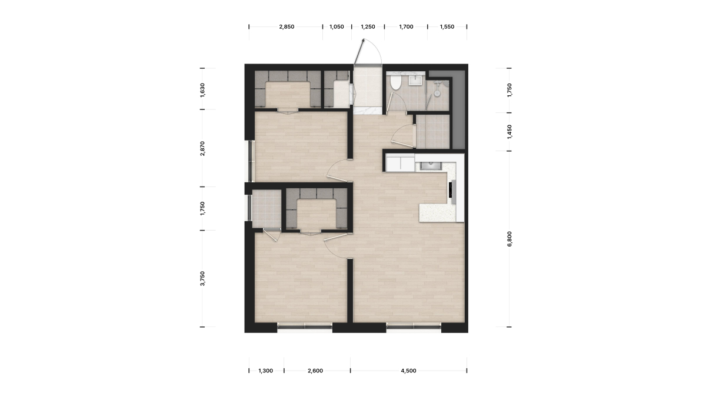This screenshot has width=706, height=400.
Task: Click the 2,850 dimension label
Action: pos(287,27)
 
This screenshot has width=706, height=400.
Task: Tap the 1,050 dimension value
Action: pos(337,27)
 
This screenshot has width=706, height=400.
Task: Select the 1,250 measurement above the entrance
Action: pos(368,27)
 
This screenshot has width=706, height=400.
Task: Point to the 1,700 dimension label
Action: pos(406,27)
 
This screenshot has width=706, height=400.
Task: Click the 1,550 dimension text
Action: pos(447,27)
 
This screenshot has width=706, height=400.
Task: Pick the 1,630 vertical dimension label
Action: pos(202,90)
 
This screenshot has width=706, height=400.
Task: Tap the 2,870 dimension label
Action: pos(202,148)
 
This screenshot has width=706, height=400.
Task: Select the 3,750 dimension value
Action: pos(202,278)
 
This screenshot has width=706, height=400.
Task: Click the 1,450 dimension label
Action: pos(509,132)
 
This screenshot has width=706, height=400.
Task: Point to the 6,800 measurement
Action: pos(509,239)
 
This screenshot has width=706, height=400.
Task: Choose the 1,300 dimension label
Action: pos(266,371)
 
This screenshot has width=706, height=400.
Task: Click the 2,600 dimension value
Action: pos(315,371)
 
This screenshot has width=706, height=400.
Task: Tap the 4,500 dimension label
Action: pos(408,371)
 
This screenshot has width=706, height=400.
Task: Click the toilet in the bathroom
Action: pos(395,82)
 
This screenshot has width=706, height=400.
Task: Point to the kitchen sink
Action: pos(431,165)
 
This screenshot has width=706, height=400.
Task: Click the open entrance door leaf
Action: pos(359,52)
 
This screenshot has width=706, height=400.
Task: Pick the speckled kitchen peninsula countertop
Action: pos(438,213)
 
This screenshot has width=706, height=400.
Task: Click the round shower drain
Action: pos(437,94)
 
